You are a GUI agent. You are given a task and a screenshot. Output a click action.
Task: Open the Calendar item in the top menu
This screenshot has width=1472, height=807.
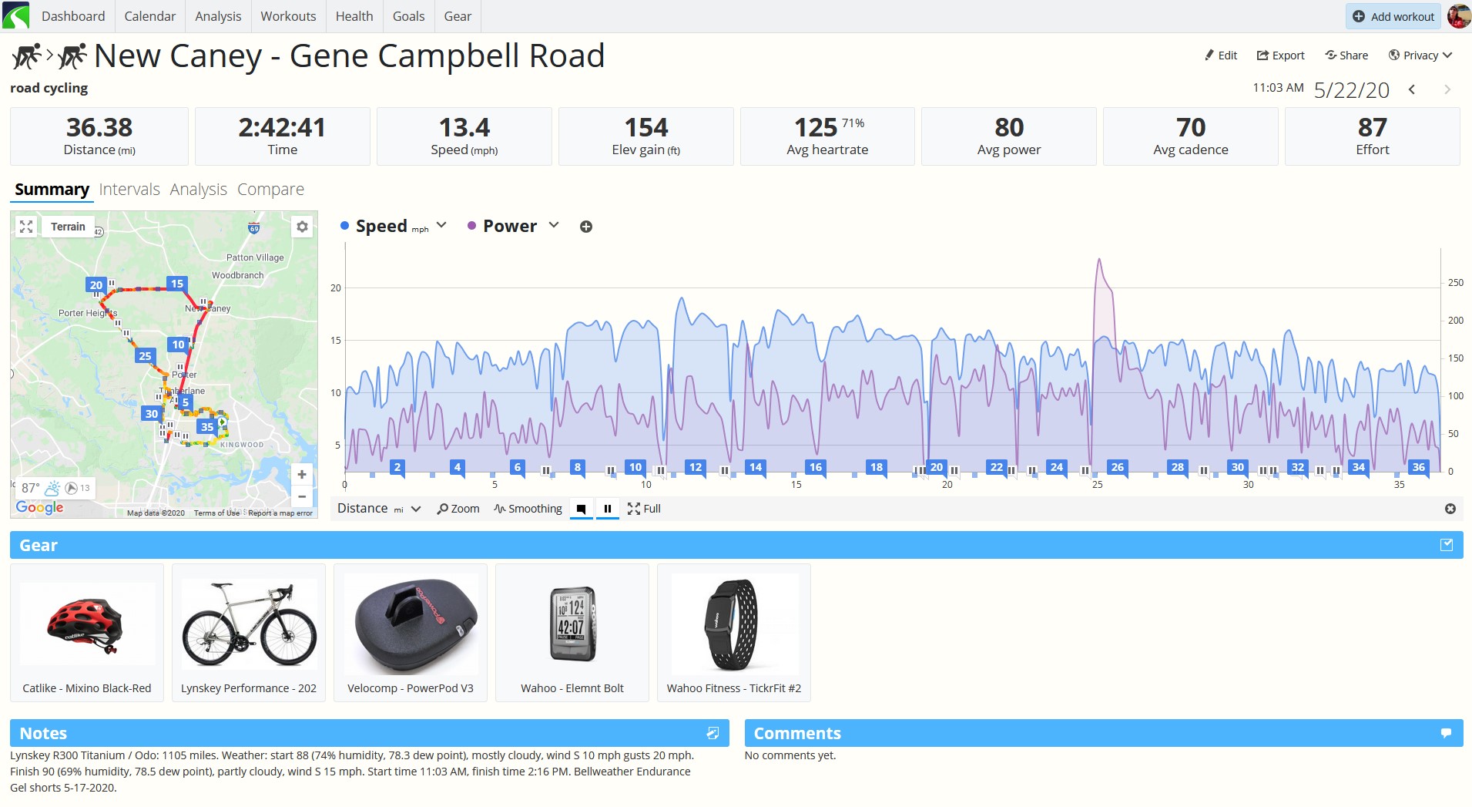pos(149,16)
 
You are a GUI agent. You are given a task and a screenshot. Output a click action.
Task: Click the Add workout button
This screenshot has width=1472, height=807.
pos(1393,16)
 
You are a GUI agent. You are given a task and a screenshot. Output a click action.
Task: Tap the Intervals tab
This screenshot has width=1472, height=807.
pos(129,190)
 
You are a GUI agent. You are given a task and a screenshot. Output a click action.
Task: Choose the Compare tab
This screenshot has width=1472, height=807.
pos(270,190)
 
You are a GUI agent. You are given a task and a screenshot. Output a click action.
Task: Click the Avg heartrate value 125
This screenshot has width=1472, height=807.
pos(816,127)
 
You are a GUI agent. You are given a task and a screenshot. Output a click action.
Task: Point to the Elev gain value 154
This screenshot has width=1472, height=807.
pos(646,127)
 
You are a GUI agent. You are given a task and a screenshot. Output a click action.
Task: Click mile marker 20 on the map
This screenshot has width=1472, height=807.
pos(96,285)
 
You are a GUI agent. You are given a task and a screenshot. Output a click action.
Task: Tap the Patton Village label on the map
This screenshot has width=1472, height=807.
pos(255,257)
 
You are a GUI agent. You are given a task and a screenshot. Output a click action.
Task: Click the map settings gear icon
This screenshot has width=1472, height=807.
pos(302,227)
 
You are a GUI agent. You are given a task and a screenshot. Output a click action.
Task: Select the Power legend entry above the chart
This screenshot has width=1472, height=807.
pos(509,226)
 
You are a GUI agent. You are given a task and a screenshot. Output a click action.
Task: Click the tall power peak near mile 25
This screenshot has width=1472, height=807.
pos(1099,260)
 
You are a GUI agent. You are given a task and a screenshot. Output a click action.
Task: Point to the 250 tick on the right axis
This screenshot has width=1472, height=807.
pos(1455,283)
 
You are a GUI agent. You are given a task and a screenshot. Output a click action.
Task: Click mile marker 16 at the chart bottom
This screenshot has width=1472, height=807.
pos(816,467)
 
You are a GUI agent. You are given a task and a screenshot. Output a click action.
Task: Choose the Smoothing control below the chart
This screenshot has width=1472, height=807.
pos(528,509)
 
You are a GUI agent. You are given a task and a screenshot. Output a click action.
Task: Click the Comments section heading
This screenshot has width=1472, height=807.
pos(797,734)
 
